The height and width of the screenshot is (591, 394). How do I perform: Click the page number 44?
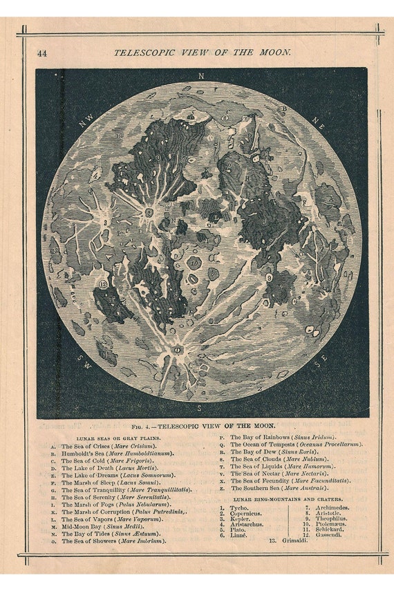(42, 53)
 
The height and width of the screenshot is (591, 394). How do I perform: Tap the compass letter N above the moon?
(201, 75)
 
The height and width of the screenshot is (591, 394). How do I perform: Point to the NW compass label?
(86, 122)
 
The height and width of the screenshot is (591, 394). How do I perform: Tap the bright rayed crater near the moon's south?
(177, 350)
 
